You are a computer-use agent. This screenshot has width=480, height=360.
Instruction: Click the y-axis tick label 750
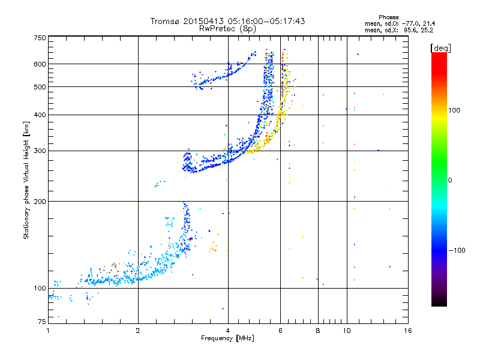40,38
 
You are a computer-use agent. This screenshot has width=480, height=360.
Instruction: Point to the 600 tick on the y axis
40,64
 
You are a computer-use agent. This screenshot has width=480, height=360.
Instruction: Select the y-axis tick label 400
40,115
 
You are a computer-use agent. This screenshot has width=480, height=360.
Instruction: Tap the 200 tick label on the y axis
40,202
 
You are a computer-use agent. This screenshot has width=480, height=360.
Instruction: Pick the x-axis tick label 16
407,331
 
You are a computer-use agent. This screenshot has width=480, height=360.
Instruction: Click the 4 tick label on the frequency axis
228,331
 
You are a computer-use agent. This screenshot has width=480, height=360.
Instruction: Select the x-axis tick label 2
138,331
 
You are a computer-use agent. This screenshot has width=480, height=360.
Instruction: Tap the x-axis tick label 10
346,331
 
